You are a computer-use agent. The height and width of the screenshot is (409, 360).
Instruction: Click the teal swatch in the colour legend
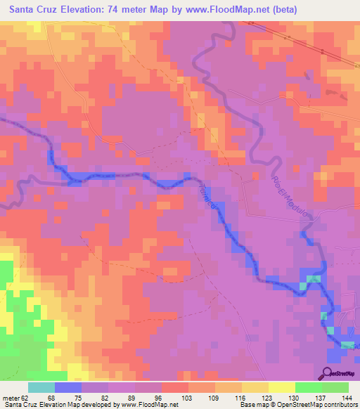41,387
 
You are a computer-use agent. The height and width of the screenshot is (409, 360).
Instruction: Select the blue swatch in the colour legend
67,387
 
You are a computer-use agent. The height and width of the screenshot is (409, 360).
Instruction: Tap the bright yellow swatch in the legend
281,387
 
